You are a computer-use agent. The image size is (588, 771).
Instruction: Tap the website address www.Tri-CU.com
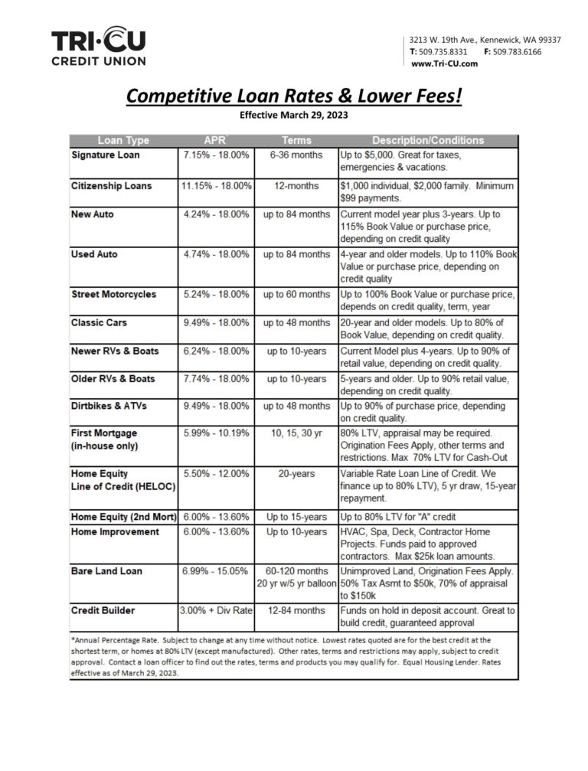pyautogui.click(x=444, y=64)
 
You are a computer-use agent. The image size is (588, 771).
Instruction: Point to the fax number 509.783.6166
pyautogui.click(x=517, y=51)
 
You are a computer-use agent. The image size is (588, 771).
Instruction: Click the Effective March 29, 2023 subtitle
pyautogui.click(x=294, y=116)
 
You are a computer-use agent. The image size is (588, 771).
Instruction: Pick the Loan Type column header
pyautogui.click(x=123, y=140)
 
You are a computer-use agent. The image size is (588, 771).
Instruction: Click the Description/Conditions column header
pyautogui.click(x=428, y=140)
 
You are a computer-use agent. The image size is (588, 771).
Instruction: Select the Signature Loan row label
pyautogui.click(x=106, y=155)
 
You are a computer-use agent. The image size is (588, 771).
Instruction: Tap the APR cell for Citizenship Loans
pyautogui.click(x=216, y=186)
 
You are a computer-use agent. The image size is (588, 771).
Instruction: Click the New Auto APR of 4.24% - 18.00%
pyautogui.click(x=216, y=214)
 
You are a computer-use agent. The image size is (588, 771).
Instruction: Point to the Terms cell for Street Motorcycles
pyautogui.click(x=297, y=294)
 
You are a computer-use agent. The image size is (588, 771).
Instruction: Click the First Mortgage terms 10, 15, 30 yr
pyautogui.click(x=297, y=433)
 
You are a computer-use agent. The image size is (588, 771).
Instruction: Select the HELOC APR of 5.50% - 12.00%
pyautogui.click(x=216, y=474)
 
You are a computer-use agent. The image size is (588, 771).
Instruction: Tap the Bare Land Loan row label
pyautogui.click(x=106, y=570)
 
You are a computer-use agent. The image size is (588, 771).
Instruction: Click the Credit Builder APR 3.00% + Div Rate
pyautogui.click(x=216, y=610)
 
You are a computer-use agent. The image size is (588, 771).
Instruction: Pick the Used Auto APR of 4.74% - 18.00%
pyautogui.click(x=216, y=253)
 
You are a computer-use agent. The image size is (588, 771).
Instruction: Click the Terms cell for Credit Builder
pyautogui.click(x=297, y=610)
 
